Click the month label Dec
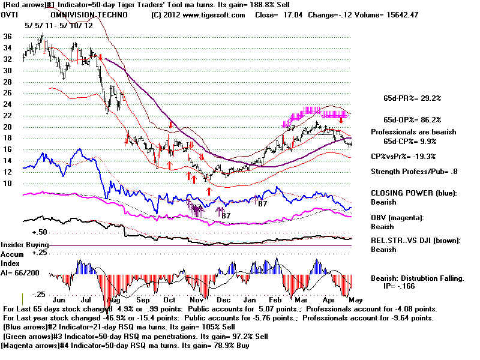pos(224,299)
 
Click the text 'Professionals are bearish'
pos(413,131)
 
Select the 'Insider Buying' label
pos(25,245)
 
